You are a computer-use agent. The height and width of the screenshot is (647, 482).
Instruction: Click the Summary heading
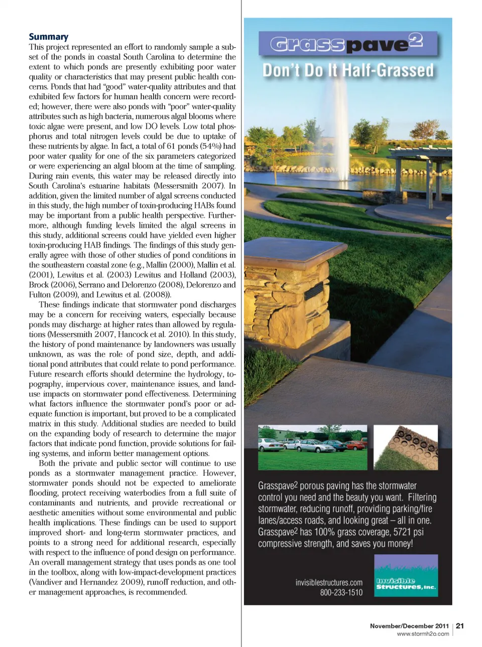click(49, 37)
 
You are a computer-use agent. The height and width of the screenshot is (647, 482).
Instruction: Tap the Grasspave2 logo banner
click(347, 44)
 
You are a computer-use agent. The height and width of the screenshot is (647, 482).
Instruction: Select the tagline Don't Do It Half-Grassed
click(348, 70)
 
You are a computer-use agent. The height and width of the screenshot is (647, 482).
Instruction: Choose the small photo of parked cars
click(312, 447)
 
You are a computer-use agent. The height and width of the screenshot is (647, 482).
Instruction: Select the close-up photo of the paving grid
click(406, 447)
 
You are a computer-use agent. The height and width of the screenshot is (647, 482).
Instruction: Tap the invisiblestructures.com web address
click(329, 583)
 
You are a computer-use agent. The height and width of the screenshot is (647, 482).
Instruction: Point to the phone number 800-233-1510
click(341, 593)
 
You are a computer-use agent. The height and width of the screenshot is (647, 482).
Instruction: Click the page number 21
click(460, 626)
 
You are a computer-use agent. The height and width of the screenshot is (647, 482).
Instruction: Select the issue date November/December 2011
click(409, 626)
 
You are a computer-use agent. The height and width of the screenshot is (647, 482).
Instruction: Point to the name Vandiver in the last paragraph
click(49, 582)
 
